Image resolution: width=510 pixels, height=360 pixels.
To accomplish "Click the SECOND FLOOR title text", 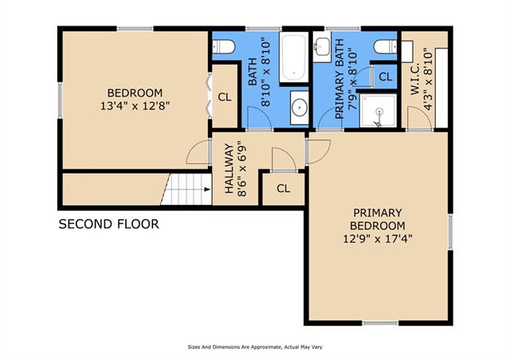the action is [108, 224].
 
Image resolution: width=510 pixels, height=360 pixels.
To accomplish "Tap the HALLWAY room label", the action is [229, 169].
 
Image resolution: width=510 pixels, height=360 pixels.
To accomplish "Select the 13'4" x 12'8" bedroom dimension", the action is [135, 106].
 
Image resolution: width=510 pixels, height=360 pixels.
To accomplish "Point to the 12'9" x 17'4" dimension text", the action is [378, 239].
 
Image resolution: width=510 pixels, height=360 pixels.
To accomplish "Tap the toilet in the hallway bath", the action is [224, 47].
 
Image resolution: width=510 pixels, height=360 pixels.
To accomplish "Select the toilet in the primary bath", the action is [386, 47].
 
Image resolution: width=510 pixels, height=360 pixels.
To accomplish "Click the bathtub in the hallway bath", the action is [294, 57].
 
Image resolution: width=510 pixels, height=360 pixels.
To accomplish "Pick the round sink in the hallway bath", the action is [300, 108].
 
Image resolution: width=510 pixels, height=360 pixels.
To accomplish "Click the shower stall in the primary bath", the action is [379, 111].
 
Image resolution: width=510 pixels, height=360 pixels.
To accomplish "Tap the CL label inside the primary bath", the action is [386, 77].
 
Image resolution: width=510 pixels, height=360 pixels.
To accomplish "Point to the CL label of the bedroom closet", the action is [225, 97].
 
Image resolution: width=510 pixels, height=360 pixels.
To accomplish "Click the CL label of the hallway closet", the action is [284, 188].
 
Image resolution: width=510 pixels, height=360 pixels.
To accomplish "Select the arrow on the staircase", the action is [207, 190].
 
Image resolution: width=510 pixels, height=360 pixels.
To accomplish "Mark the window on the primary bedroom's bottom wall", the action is [380, 323].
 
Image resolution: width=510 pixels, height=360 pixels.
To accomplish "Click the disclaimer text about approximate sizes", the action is [255, 347].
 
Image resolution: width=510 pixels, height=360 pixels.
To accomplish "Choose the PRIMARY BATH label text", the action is [339, 79].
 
